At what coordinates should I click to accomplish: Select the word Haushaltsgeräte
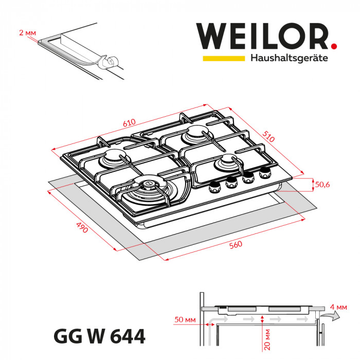289,59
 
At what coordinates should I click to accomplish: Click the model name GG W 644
99,337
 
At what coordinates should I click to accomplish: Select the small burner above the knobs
225,164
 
